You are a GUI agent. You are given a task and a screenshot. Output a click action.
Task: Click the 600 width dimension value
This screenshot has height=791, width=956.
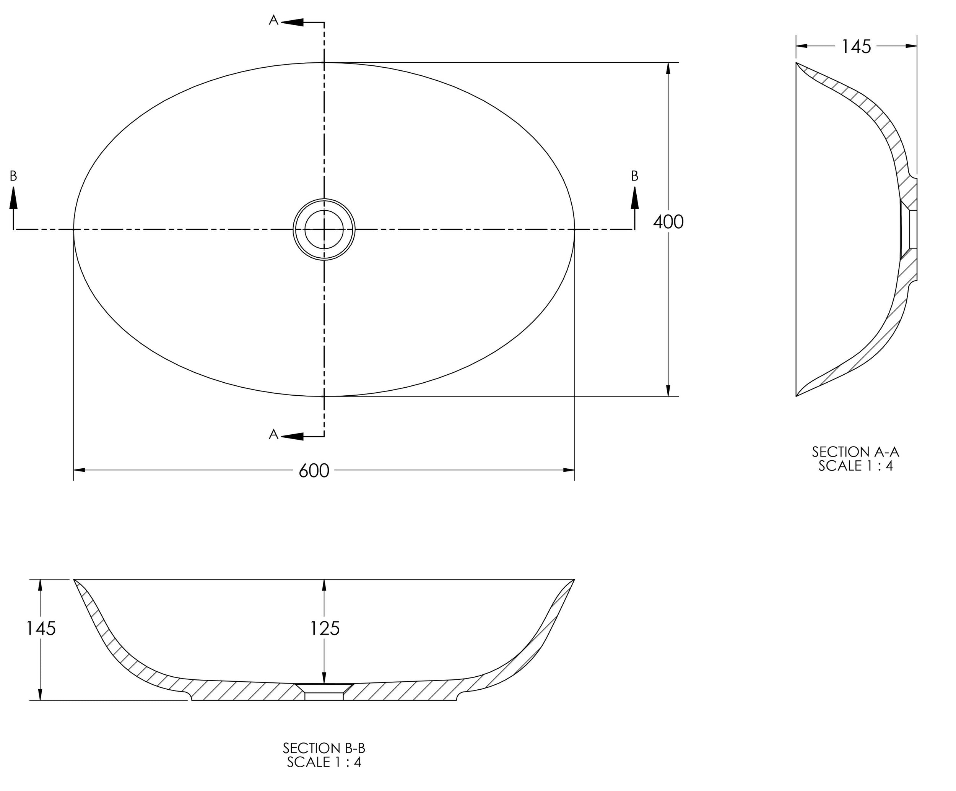click(x=314, y=471)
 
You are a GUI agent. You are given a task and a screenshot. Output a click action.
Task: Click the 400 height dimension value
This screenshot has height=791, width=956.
click(x=668, y=222)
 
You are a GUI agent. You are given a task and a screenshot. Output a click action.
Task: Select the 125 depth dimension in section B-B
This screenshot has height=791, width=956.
click(x=325, y=629)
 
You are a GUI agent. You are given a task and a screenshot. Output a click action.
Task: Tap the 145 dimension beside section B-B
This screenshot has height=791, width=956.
click(x=41, y=629)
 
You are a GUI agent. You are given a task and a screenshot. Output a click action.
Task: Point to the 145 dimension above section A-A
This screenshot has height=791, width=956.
click(x=856, y=46)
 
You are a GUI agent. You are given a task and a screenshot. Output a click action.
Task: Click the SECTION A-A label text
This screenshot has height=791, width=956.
click(x=855, y=452)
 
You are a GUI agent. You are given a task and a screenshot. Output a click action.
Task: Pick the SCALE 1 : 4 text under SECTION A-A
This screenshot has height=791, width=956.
click(x=855, y=466)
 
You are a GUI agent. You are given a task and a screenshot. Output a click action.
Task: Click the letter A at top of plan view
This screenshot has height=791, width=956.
click(x=273, y=20)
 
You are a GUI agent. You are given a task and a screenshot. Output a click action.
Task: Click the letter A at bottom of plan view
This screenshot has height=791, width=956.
click(x=273, y=435)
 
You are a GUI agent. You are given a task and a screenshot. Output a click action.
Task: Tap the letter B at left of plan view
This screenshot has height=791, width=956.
click(x=14, y=176)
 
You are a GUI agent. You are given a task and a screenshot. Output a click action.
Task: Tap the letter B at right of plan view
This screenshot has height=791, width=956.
click(x=635, y=176)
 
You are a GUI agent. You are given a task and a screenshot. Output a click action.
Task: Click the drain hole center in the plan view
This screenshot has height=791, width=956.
click(x=324, y=229)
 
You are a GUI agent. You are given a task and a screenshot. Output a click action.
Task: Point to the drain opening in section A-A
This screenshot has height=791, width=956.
click(x=909, y=229)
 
